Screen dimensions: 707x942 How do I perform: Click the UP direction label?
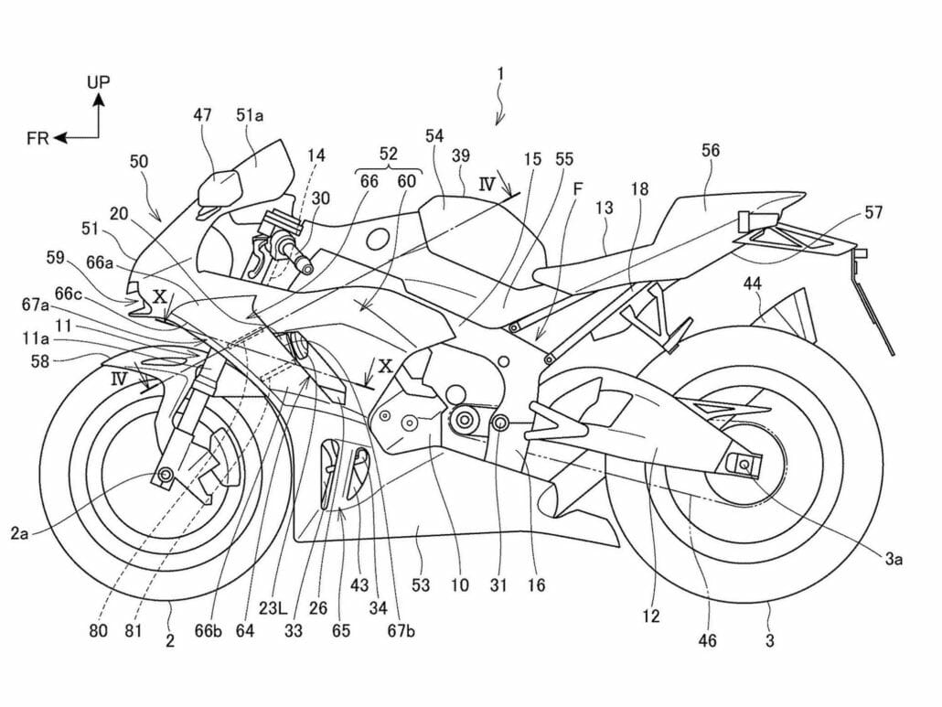(99, 81)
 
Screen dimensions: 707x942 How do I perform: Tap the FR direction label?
(37, 138)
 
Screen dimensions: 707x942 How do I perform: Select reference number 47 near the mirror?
(202, 115)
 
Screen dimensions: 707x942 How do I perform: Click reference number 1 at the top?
(500, 72)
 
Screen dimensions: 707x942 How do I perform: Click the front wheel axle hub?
(166, 475)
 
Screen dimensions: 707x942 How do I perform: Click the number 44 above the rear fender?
(752, 284)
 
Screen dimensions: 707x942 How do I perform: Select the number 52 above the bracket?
(388, 153)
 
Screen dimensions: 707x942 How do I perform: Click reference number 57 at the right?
(875, 213)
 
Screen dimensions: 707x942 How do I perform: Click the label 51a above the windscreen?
(251, 115)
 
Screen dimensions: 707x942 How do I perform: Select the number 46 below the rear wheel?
(708, 641)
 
